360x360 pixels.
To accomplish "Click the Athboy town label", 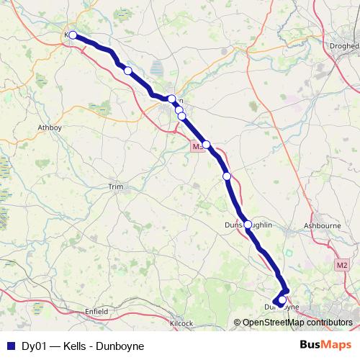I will (x=50, y=127).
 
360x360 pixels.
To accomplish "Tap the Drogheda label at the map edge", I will (x=345, y=45).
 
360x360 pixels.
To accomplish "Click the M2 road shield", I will (x=342, y=266).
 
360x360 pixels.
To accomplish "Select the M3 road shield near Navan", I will (x=197, y=146).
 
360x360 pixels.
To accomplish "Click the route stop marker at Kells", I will (x=73, y=35).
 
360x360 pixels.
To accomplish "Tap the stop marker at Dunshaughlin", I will (x=248, y=225).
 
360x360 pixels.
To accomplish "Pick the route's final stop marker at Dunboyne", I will (x=282, y=300).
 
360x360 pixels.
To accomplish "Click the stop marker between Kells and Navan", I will (x=127, y=71).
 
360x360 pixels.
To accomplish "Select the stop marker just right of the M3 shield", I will (x=207, y=145).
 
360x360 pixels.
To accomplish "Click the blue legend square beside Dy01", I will (x=10, y=346).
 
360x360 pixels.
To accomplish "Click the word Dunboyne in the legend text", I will (x=121, y=346).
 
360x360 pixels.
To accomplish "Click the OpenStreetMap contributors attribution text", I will (x=297, y=323).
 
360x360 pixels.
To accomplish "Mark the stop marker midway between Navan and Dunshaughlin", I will (x=227, y=176).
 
